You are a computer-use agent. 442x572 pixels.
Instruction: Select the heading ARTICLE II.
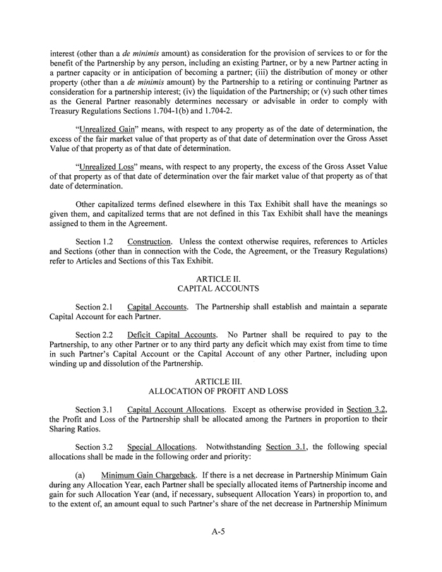coord(220,279)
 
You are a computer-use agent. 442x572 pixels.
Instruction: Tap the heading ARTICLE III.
coord(220,381)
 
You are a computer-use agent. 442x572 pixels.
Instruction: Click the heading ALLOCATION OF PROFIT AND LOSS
coord(220,391)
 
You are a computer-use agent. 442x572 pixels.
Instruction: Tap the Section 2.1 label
coord(95,306)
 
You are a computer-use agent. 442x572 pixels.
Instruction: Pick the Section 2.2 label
coord(95,334)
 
